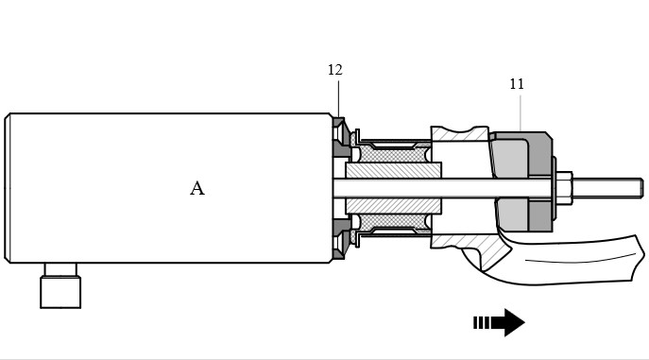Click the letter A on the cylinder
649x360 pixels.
coord(197,188)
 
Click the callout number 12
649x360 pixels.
coord(334,70)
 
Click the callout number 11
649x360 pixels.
coord(517,84)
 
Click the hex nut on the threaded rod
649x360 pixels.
coord(564,188)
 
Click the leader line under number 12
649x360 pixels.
coord(338,99)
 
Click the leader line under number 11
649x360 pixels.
coord(521,113)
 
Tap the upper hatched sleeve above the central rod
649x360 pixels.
coord(394,170)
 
